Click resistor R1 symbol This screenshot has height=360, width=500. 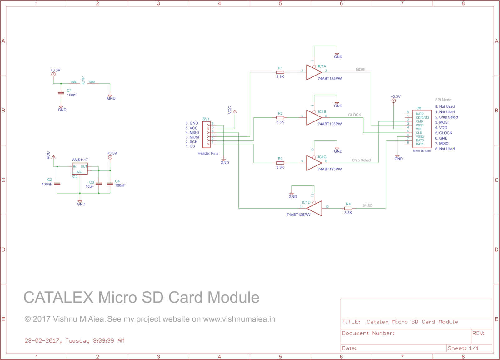point(280,72)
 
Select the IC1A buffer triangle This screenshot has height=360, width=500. point(313,72)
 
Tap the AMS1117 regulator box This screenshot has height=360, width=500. point(80,169)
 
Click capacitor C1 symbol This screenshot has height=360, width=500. point(61,93)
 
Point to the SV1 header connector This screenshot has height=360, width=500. point(206,135)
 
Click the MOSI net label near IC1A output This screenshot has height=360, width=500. point(360,70)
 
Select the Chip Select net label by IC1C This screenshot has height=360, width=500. point(361,160)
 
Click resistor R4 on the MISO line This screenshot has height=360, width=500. point(348,208)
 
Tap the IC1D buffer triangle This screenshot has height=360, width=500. point(315,208)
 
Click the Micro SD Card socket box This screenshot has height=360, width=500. point(422,129)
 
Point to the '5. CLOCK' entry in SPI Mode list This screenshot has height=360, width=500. point(443,133)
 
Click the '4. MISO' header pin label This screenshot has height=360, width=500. point(192,133)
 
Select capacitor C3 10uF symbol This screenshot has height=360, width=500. point(99,184)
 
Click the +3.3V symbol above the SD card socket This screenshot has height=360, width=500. point(393,101)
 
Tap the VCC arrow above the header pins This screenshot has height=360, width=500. point(235,111)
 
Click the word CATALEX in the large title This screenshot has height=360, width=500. point(58,297)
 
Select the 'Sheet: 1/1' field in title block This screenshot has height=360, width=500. point(463,348)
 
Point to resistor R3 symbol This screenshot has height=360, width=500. point(280,163)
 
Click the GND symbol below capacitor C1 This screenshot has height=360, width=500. point(61,108)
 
